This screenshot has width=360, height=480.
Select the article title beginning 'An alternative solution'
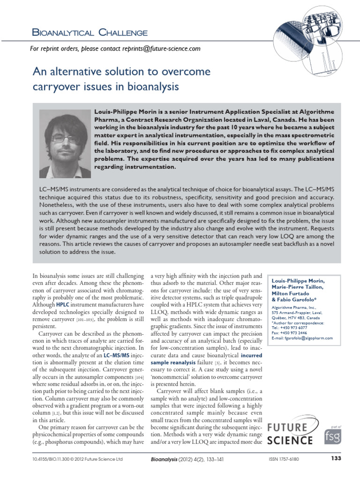122,79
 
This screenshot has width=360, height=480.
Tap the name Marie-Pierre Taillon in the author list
297,287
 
